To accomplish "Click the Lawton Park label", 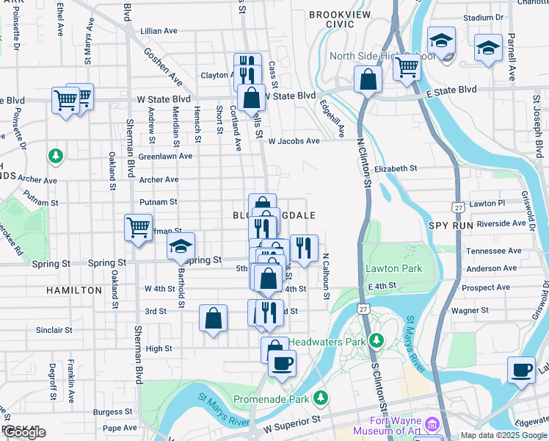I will (x=394, y=268).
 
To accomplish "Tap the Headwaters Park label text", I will (x=327, y=342).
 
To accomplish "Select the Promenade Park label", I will (x=272, y=399).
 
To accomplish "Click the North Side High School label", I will (x=372, y=57).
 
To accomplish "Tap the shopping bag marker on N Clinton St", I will (x=367, y=81).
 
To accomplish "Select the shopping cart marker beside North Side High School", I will (x=406, y=68).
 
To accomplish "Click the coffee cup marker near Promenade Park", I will (x=282, y=362).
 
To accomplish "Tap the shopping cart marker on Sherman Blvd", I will (x=138, y=227).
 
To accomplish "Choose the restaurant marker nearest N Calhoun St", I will (x=304, y=248).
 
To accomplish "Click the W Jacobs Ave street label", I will (x=294, y=141).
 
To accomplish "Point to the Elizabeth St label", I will (x=395, y=168).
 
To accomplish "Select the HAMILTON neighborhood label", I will (x=74, y=290).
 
